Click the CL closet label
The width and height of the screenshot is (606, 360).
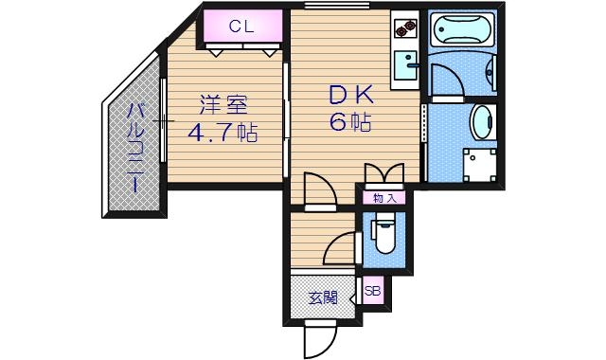point(240,27)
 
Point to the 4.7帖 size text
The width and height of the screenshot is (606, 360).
point(223,133)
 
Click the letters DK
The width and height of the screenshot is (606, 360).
point(352,94)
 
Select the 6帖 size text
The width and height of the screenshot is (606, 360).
point(350,122)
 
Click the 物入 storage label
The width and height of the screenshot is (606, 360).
point(383,198)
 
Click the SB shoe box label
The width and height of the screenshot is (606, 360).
point(373,292)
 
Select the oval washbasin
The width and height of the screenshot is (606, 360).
point(483,121)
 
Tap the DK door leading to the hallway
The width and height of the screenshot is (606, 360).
point(320,189)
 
